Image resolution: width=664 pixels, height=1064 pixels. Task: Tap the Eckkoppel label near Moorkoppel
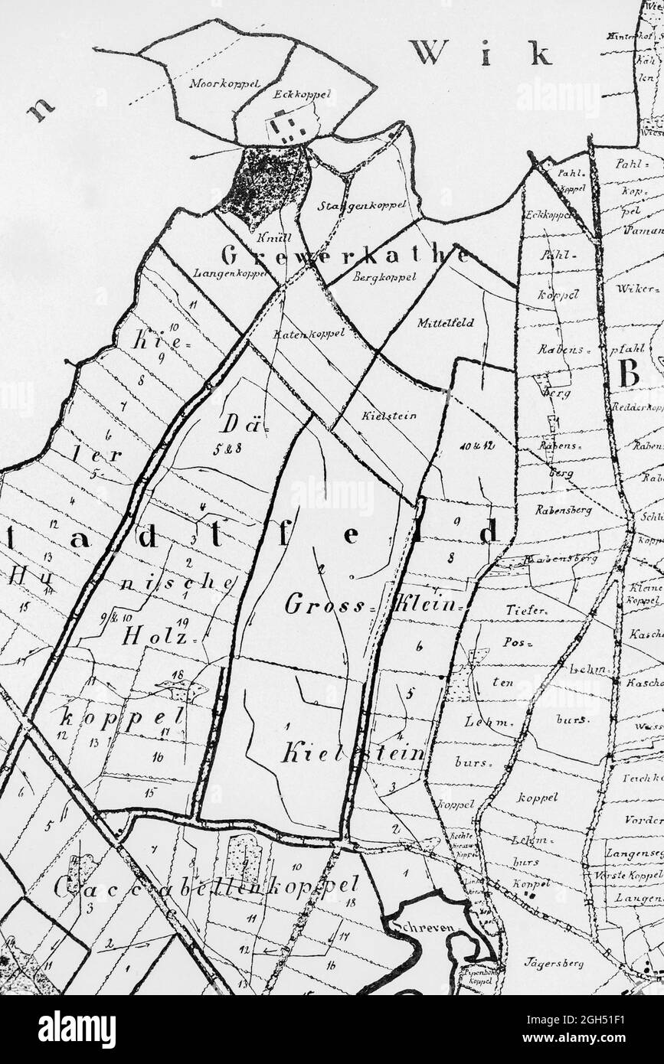coord(302,94)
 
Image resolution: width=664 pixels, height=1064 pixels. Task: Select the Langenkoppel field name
coord(229,273)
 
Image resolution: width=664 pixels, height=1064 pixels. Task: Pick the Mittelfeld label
coord(445,323)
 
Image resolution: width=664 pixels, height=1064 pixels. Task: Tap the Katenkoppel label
coord(309,333)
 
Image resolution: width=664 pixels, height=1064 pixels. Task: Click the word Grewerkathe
coord(345,255)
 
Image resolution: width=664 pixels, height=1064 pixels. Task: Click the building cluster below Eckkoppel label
coord(289,126)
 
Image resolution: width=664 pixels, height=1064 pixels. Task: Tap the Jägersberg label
coord(554,963)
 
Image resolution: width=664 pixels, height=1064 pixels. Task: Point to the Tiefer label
coord(526,610)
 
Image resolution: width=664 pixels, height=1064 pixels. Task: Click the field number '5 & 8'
coord(227,449)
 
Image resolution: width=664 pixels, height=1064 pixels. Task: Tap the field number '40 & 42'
coord(476,446)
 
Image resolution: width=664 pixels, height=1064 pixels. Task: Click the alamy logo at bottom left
coord(77,1029)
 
